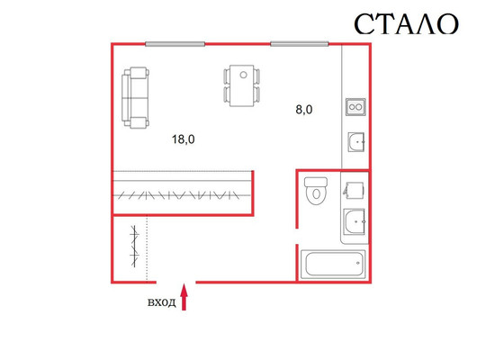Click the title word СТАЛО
pos(406,24)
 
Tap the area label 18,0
pos(184,139)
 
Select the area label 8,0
pos(304,110)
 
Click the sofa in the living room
pos(135,98)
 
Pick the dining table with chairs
pos(242,85)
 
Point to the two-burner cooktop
pos(355,107)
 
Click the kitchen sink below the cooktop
pos(356,142)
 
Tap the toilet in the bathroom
pos(316,191)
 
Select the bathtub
pos(333,265)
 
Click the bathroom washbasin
pos(355,221)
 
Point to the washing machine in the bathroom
pos(354,191)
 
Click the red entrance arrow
pos(184,297)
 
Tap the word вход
pos(161,302)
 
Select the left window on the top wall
pos(175,44)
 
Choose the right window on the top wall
pos(300,44)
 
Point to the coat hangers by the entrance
pos(134,247)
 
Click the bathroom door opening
pos(297,237)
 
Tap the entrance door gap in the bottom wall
pos(175,283)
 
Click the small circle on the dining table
pos(243,75)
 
